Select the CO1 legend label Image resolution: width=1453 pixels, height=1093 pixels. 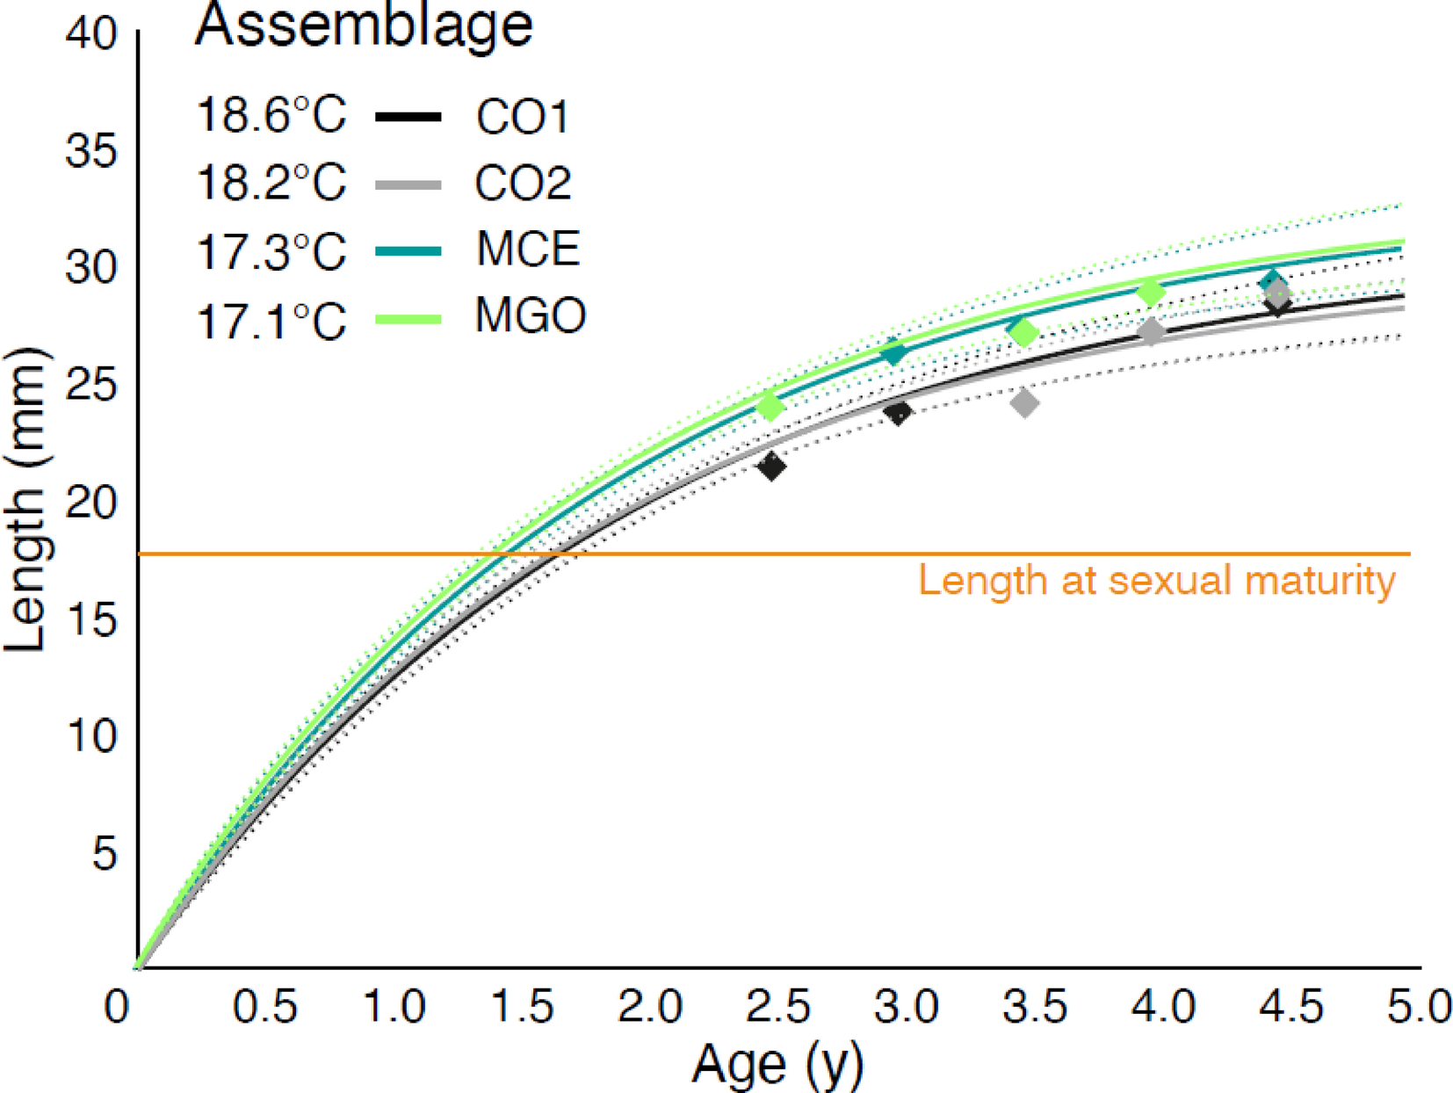(522, 117)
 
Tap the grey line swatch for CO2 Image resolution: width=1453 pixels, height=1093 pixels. (408, 185)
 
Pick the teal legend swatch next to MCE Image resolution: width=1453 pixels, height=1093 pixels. (408, 251)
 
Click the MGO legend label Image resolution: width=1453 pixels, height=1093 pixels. (530, 316)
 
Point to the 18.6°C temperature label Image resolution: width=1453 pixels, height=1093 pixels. (271, 115)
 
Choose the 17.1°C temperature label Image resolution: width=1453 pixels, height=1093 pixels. (271, 321)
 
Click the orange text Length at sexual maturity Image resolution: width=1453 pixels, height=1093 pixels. (1156, 581)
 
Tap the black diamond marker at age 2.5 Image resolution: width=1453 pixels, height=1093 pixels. (772, 467)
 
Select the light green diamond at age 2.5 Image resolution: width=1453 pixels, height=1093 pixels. (770, 406)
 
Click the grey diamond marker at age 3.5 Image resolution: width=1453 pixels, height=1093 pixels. (1024, 403)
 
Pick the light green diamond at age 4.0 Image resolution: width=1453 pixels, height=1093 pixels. (1151, 293)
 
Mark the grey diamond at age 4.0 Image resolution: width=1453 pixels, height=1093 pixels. (1152, 331)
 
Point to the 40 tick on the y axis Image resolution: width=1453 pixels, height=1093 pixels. (90, 34)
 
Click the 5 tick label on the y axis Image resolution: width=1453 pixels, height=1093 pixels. (104, 852)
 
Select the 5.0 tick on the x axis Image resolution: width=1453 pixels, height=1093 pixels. (1419, 1007)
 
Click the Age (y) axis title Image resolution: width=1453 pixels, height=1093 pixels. (777, 1064)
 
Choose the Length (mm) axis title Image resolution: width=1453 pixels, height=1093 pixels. (25, 499)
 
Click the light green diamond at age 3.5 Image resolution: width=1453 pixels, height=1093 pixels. (1023, 333)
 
